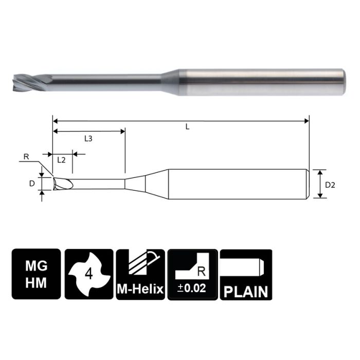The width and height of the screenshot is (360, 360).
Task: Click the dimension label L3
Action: [88, 139]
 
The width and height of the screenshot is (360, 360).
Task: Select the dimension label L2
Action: [61, 160]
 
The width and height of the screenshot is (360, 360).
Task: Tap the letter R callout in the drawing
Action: [25, 156]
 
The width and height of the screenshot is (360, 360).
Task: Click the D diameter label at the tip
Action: [32, 183]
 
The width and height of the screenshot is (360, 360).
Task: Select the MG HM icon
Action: [35, 274]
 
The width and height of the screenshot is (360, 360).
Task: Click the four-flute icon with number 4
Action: [88, 274]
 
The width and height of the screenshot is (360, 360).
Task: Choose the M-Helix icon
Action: [140, 274]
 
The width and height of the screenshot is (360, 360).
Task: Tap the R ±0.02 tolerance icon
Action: [193, 274]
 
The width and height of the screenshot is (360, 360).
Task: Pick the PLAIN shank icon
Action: [245, 274]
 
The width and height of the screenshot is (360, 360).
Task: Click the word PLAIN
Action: [245, 292]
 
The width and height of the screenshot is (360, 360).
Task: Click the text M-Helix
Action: [140, 290]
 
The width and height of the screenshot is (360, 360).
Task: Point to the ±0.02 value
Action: [193, 289]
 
